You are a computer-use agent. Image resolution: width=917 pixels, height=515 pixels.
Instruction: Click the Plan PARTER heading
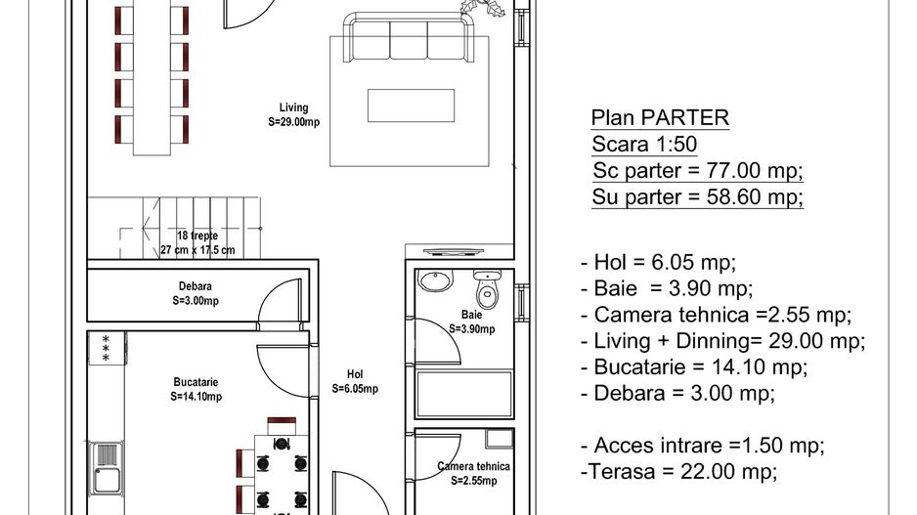(x=660, y=118)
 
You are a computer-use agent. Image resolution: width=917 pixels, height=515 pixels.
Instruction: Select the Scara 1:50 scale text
(x=644, y=145)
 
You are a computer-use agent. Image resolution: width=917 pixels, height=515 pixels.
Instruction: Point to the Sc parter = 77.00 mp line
(x=697, y=171)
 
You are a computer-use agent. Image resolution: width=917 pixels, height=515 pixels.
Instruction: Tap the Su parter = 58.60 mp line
(x=697, y=197)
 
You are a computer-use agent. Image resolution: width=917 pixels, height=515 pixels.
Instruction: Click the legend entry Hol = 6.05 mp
(x=658, y=262)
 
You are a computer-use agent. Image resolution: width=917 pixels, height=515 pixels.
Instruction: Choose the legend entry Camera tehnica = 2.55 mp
(x=716, y=315)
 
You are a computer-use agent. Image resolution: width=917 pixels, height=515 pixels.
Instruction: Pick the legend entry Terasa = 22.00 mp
(x=679, y=472)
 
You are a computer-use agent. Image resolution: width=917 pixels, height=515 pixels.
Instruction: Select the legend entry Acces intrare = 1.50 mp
(x=702, y=446)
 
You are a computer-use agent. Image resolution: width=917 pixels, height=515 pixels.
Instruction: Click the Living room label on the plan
(x=293, y=115)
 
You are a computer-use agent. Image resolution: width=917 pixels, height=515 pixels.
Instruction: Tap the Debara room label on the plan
(x=196, y=293)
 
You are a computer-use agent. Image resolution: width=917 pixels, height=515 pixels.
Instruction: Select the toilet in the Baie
(x=486, y=290)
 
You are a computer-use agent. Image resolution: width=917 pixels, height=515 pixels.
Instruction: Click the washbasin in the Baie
(x=436, y=282)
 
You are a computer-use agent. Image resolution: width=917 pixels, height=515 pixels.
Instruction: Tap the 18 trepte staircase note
(x=197, y=243)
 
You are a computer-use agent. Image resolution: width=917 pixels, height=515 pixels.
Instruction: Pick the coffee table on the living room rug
(x=411, y=105)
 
